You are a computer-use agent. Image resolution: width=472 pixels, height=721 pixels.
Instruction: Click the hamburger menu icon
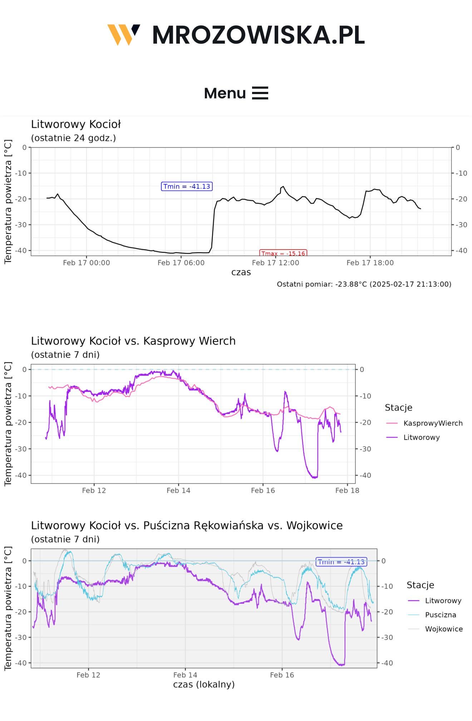260,93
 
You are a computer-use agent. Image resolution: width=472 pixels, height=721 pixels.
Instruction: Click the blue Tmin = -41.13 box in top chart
187,186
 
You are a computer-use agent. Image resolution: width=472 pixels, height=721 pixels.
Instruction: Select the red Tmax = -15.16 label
283,253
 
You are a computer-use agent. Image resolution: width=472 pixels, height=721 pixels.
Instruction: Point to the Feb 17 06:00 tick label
181,263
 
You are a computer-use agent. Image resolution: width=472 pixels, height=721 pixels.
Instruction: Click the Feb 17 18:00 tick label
370,263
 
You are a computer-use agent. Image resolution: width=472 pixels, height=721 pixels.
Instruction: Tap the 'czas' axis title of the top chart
241,273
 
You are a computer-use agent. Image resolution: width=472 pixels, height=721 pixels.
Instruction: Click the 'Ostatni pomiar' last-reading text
364,284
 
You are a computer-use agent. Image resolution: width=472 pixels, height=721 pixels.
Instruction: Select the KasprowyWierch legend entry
433,423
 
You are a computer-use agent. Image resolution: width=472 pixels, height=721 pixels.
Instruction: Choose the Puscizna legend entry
440,615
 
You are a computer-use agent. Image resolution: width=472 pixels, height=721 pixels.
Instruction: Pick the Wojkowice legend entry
443,629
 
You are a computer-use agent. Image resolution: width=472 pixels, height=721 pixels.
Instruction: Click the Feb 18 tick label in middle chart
347,490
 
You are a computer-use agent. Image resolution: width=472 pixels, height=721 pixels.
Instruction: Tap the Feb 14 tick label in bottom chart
185,675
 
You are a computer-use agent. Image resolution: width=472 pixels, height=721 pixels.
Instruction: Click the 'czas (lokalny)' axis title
204,685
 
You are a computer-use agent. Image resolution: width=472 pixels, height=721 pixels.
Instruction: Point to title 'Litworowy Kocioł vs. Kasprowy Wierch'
133,341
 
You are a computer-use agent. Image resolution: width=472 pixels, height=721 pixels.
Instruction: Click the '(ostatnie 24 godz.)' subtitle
73,138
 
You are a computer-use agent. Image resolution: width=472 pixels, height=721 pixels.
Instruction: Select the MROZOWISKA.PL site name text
258,35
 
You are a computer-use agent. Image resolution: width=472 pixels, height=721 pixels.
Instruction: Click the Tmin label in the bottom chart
341,562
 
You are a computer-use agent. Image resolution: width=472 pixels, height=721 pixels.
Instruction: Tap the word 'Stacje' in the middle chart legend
398,408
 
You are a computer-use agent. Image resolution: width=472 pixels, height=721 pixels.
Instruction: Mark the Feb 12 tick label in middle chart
94,490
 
